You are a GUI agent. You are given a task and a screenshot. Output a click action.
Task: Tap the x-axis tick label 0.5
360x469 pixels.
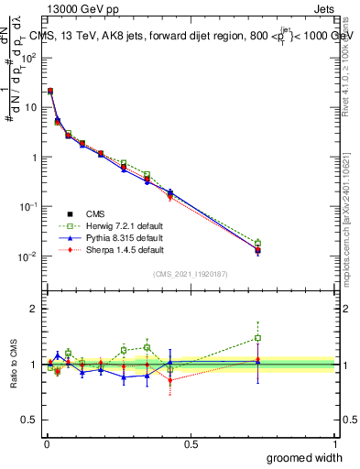(x=191, y=443)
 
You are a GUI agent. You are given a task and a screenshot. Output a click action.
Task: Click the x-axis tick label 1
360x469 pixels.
(x=334, y=443)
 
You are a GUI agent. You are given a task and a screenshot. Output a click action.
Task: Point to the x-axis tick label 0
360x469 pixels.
(x=47, y=443)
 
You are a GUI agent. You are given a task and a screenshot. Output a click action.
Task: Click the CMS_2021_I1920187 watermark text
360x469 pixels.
(x=191, y=274)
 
